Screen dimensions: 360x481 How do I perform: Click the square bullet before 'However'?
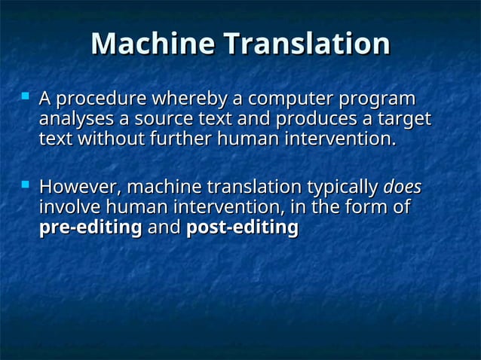pos(26,183)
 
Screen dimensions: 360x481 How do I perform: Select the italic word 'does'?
pos(403,187)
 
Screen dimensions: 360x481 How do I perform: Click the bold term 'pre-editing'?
pos(90,227)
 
